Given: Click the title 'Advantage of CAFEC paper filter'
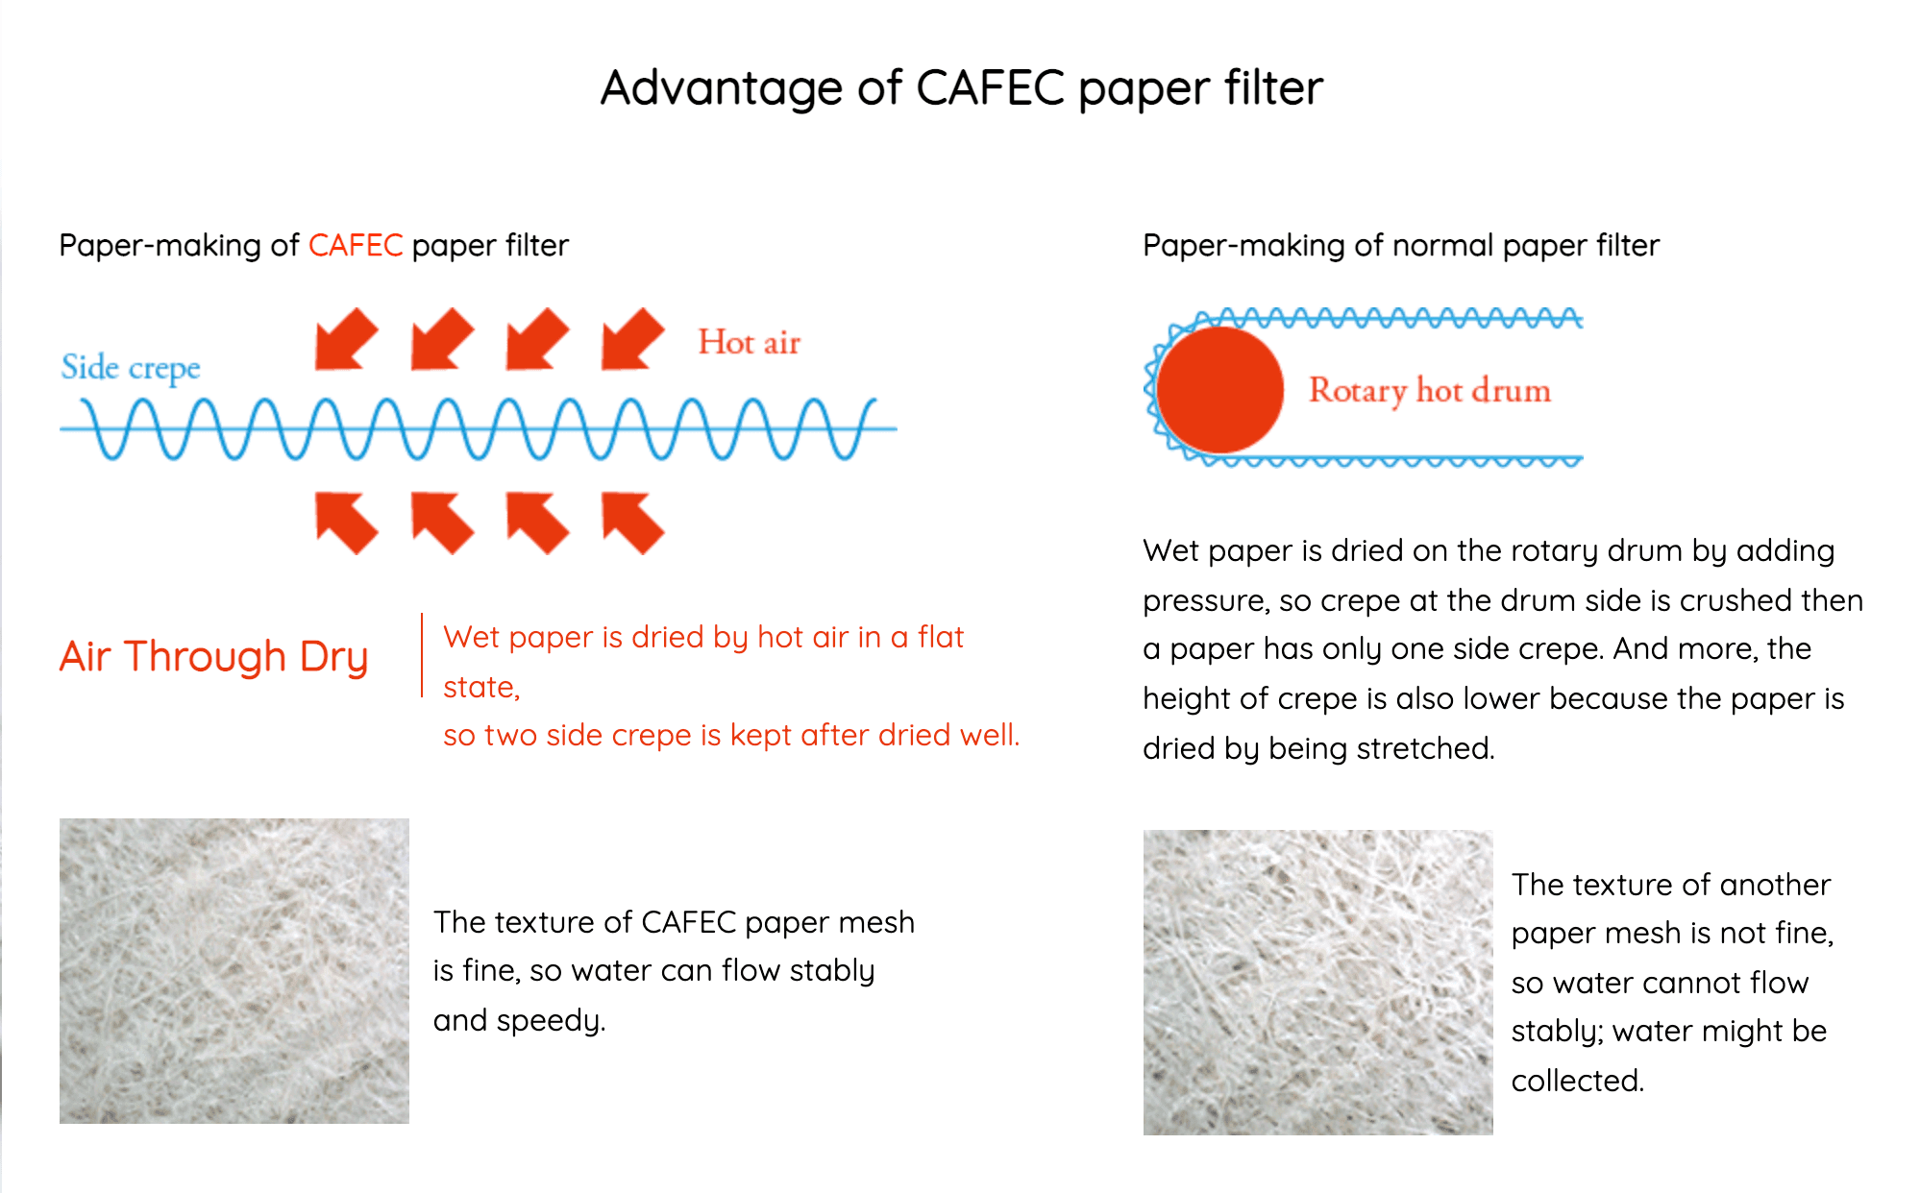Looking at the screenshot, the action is pos(962,88).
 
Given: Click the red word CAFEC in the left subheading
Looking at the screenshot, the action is pos(356,246).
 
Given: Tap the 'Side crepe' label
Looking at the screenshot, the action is pos(131,368).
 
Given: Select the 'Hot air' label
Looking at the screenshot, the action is pos(750,342).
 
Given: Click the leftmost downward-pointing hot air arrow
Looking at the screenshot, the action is pos(346,339).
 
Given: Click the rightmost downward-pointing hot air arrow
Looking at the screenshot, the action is pos(632,339).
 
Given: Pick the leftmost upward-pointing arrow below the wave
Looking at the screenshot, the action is pos(346,523).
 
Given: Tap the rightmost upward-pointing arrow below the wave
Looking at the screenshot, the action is pos(632,523).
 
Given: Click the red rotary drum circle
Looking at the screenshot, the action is pos(1220,390).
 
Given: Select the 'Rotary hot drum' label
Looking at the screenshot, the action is pos(1430,391).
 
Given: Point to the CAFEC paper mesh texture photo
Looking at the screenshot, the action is pos(234,971).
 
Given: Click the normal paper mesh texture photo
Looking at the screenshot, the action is pos(1318,983).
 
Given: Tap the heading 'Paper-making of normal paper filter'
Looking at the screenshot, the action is pos(1401,246).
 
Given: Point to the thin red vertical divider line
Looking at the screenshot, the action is pos(422,655).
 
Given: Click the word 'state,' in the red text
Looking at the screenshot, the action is pos(481,688).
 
